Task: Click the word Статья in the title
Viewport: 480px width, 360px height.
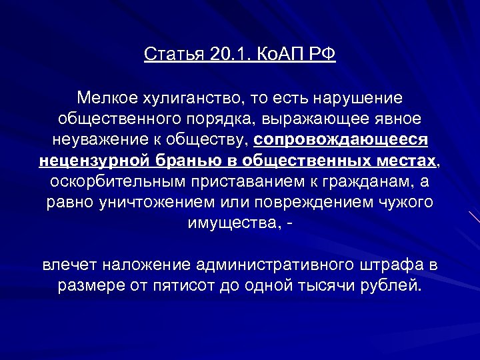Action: coord(175,53)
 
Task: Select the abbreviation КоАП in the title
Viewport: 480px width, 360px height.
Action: coord(279,53)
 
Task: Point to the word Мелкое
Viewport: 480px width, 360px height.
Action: coord(107,99)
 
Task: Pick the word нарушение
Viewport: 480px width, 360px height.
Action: coord(358,99)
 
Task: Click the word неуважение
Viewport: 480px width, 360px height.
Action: coord(91,141)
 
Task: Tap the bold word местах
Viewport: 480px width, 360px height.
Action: coord(407,161)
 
